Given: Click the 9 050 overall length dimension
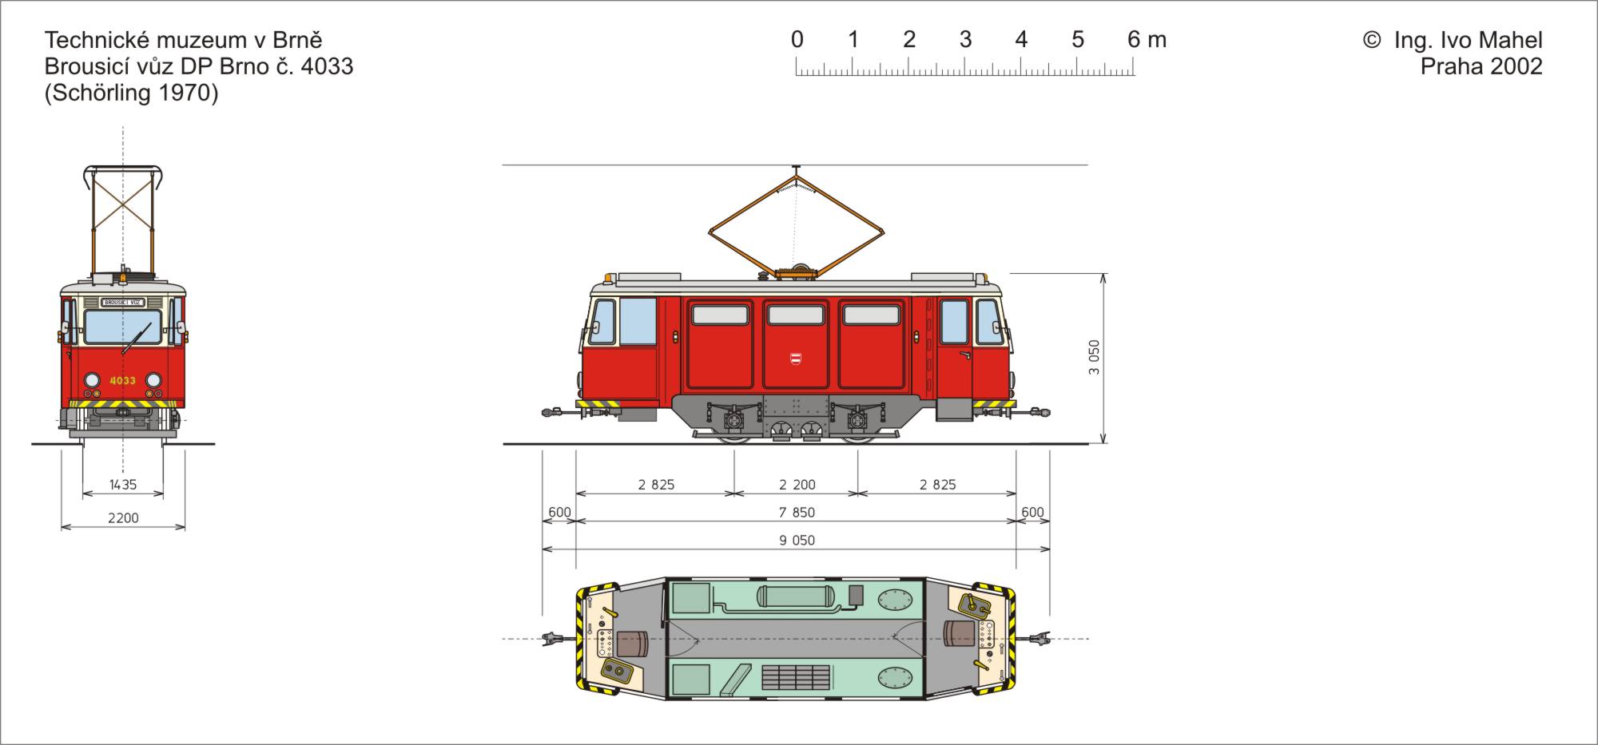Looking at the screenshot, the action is tap(797, 541).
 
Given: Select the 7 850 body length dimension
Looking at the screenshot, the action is tap(797, 513).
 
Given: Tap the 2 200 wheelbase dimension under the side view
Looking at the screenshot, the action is tap(797, 485).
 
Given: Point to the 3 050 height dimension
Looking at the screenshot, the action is tap(1095, 357).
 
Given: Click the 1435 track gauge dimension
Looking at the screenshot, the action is tap(123, 485).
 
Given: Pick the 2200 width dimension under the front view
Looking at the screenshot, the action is tap(123, 518).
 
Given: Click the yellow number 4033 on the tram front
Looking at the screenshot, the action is tap(122, 381).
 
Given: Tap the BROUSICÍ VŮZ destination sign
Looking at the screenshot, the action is tap(123, 303).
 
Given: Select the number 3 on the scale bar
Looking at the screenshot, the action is tap(965, 39).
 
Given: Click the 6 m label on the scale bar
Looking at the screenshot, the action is tap(1147, 39).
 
